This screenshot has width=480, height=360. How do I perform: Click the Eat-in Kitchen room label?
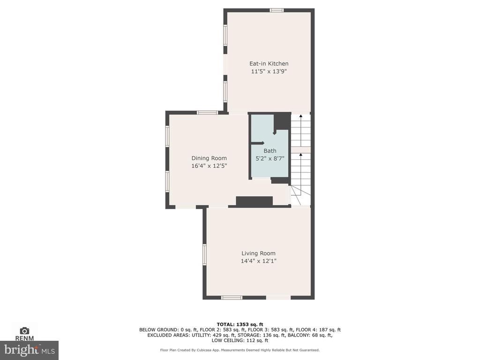pos(269,64)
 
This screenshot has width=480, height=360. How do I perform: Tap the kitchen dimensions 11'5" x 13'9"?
pos(269,71)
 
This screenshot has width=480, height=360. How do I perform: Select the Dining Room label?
pos(209,158)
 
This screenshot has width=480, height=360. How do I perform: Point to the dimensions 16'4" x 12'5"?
pos(209,166)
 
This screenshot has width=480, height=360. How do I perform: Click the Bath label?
pos(270,150)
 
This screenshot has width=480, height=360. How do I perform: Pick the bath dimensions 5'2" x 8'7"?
pos(270,158)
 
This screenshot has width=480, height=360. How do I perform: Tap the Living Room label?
pos(258,253)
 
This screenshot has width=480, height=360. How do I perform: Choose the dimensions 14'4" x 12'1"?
pos(258,261)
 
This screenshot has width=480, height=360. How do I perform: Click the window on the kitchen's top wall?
pos(277,10)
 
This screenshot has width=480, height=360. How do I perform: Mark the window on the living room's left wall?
pos(204,255)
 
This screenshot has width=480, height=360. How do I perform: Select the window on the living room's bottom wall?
pos(232,298)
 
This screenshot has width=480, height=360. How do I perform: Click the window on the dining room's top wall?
pos(208,112)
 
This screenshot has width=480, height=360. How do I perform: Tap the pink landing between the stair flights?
pos(300,150)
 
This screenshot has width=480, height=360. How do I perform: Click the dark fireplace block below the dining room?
pos(254,202)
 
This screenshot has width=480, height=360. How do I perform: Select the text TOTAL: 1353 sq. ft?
pos(240,324)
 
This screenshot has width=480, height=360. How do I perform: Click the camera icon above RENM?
pos(24,330)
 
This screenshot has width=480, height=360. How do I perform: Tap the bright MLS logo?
pos(30,350)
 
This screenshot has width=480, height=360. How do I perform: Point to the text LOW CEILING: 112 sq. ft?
pos(240,340)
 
